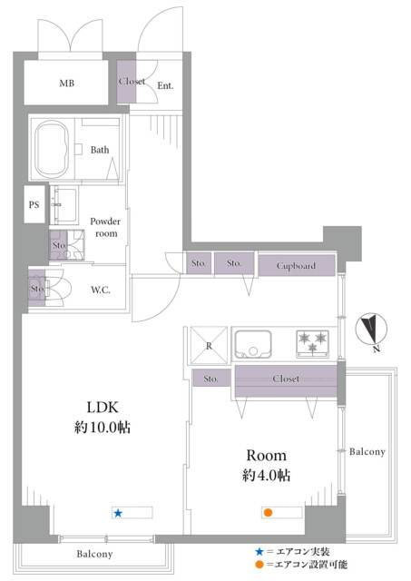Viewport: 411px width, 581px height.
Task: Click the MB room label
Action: (x=66, y=84)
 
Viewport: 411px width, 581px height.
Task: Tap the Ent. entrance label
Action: (x=165, y=86)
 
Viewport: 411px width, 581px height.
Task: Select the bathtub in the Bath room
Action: (x=52, y=149)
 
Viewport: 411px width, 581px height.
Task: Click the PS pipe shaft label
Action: (x=34, y=204)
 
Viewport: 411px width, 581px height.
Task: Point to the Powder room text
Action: (x=105, y=227)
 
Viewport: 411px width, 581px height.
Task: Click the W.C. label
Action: (x=101, y=290)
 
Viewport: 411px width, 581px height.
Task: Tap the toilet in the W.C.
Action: (x=55, y=288)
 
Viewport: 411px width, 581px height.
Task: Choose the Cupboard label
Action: (x=296, y=266)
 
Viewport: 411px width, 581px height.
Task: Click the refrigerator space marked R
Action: (x=209, y=346)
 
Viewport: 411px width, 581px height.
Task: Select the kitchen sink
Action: (x=253, y=345)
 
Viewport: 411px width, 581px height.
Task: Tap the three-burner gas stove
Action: (x=312, y=343)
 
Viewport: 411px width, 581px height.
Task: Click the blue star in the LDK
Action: (x=118, y=513)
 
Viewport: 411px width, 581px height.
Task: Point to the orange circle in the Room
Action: (x=268, y=513)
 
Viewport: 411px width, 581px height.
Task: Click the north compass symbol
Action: (x=371, y=329)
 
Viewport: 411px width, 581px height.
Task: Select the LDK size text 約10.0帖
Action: (x=103, y=428)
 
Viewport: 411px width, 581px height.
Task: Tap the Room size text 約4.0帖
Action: (x=266, y=475)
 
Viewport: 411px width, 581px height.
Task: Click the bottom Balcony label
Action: (x=94, y=554)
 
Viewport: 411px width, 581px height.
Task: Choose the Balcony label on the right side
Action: (x=367, y=452)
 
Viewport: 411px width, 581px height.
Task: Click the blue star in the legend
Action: (x=259, y=552)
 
